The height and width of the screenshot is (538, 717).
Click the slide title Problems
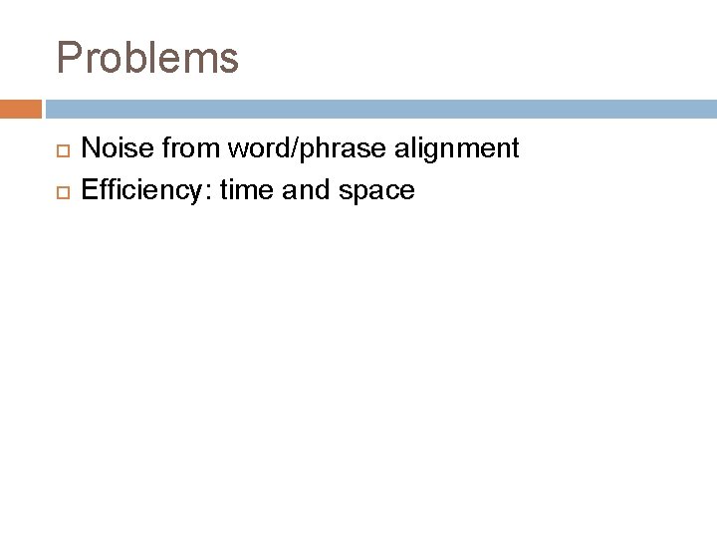click(147, 58)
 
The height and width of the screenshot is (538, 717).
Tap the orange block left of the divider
click(20, 108)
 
